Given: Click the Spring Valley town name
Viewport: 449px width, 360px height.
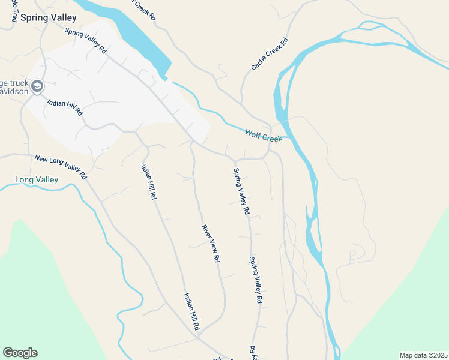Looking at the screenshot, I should point(49,17).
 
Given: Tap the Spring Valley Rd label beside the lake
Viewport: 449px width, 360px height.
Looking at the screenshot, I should point(85,41).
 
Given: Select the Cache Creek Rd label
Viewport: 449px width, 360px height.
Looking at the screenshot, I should point(270,53).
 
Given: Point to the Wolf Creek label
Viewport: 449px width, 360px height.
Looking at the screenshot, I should point(263,134).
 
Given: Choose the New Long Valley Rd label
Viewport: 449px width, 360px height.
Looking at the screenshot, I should point(61,167).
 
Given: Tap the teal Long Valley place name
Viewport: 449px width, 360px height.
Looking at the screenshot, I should point(36,179).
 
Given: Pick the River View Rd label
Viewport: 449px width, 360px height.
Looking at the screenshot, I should point(210,244).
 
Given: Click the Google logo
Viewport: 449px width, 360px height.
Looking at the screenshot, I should point(20,353).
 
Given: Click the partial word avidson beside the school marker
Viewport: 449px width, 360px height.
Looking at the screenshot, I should point(13,94).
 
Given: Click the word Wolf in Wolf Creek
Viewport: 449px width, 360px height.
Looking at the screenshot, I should point(253,133).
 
